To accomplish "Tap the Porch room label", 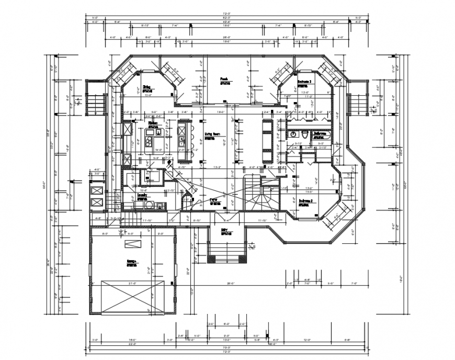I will (223, 79).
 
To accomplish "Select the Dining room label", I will (147, 88).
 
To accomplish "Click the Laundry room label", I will (142, 194).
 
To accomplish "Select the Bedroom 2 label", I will (306, 201).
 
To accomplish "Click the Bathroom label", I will (320, 134).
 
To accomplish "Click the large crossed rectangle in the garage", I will (132, 296).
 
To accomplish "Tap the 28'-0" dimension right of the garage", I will (230, 284).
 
